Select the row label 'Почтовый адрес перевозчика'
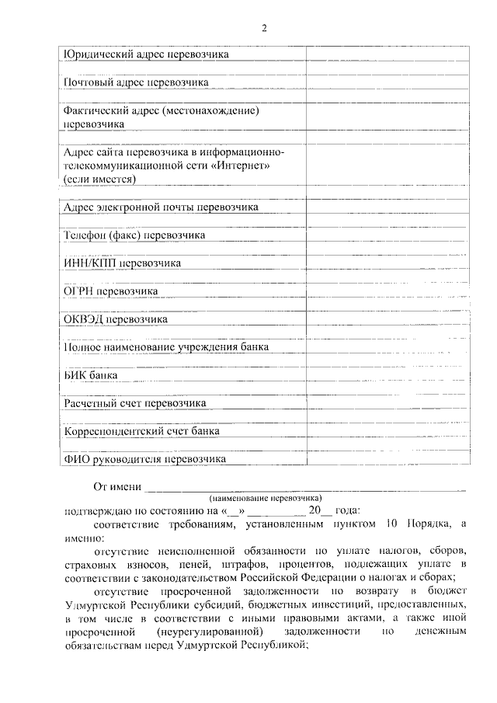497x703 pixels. tap(135, 82)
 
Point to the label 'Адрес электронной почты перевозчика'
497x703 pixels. tap(161, 207)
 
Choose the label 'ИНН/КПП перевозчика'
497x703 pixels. tap(122, 263)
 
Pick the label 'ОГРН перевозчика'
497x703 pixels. tap(110, 291)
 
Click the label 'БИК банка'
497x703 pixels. tap(91, 375)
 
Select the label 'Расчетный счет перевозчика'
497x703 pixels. tap(134, 403)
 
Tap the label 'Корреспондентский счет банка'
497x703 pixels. tap(141, 430)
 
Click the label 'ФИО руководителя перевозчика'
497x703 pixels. tap(144, 459)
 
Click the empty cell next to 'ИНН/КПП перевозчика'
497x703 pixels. tap(387, 263)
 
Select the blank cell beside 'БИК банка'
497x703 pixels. tap(387, 375)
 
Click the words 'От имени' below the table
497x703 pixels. tap(117, 487)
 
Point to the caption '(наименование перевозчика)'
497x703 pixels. tap(265, 497)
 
